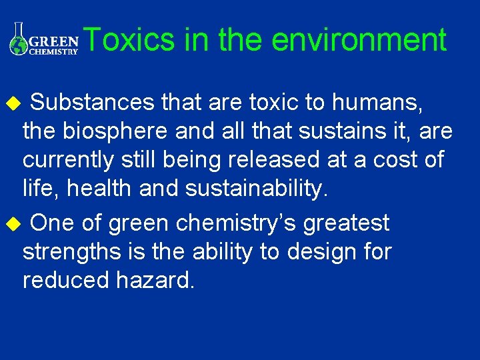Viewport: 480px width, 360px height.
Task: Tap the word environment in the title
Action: point(359,40)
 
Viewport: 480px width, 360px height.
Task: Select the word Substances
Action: point(94,103)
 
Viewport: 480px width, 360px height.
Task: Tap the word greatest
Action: point(346,224)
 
